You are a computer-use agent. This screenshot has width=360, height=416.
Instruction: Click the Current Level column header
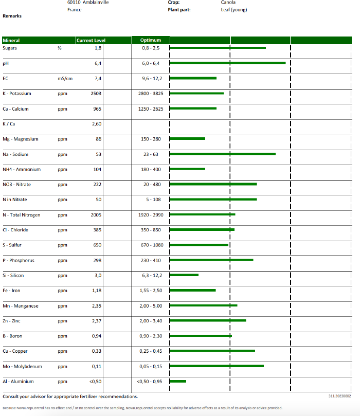91,41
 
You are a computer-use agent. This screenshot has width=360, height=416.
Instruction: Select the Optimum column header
151,41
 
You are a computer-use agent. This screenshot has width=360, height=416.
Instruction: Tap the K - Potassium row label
17,94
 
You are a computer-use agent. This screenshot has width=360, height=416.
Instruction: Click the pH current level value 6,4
98,63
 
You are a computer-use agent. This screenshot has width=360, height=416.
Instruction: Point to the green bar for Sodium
223,154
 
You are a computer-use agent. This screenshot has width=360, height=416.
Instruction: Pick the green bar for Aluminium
178,381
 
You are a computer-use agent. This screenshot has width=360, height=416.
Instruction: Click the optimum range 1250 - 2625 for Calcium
152,109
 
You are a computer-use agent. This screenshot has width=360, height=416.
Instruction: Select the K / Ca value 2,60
97,124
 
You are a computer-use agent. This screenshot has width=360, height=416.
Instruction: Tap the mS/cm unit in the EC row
65,79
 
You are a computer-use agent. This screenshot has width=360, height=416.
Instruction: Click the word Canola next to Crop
228,3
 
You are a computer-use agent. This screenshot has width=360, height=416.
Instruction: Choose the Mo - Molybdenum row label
23,367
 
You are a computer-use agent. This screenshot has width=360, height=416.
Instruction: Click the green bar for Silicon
184,275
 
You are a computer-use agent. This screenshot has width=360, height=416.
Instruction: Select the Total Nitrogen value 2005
96,215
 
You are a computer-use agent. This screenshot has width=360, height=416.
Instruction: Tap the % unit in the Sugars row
60,48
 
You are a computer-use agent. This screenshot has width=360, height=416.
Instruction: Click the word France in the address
75,10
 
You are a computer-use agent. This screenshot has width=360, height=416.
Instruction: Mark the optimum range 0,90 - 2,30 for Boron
152,336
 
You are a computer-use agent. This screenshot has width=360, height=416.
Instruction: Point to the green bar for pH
228,63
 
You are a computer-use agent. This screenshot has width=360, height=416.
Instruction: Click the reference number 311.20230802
339,396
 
